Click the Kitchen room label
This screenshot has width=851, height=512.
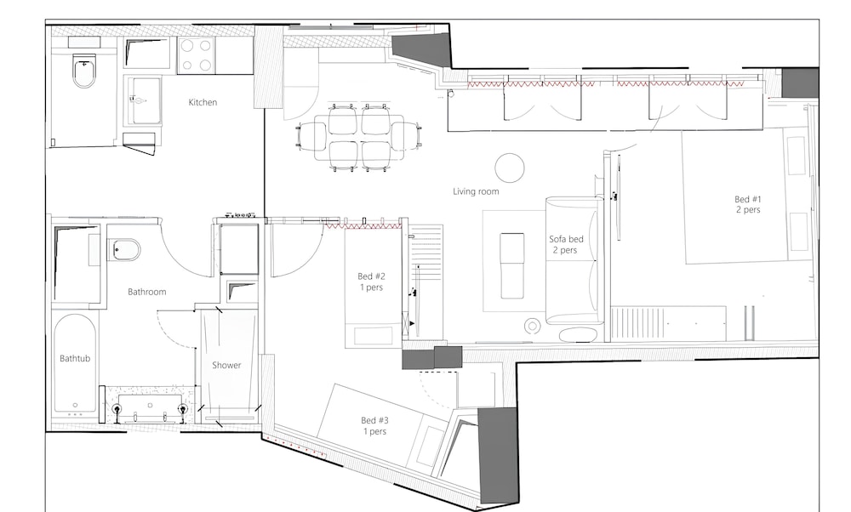tap(203, 102)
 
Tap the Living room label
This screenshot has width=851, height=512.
tap(476, 191)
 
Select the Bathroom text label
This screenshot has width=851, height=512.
tap(146, 292)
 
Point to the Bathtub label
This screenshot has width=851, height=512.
tap(75, 359)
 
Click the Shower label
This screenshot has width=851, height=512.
tap(226, 365)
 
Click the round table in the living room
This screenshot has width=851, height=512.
tap(510, 168)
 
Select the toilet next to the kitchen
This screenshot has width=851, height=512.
tap(83, 73)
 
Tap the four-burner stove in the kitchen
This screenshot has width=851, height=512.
tap(196, 55)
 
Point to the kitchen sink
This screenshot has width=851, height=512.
tap(144, 101)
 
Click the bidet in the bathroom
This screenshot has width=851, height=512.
tap(124, 250)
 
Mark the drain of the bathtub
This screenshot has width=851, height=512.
tap(75, 405)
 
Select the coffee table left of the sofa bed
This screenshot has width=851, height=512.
tap(511, 265)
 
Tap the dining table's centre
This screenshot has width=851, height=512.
tap(359, 138)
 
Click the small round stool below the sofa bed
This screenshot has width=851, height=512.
tap(533, 326)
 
